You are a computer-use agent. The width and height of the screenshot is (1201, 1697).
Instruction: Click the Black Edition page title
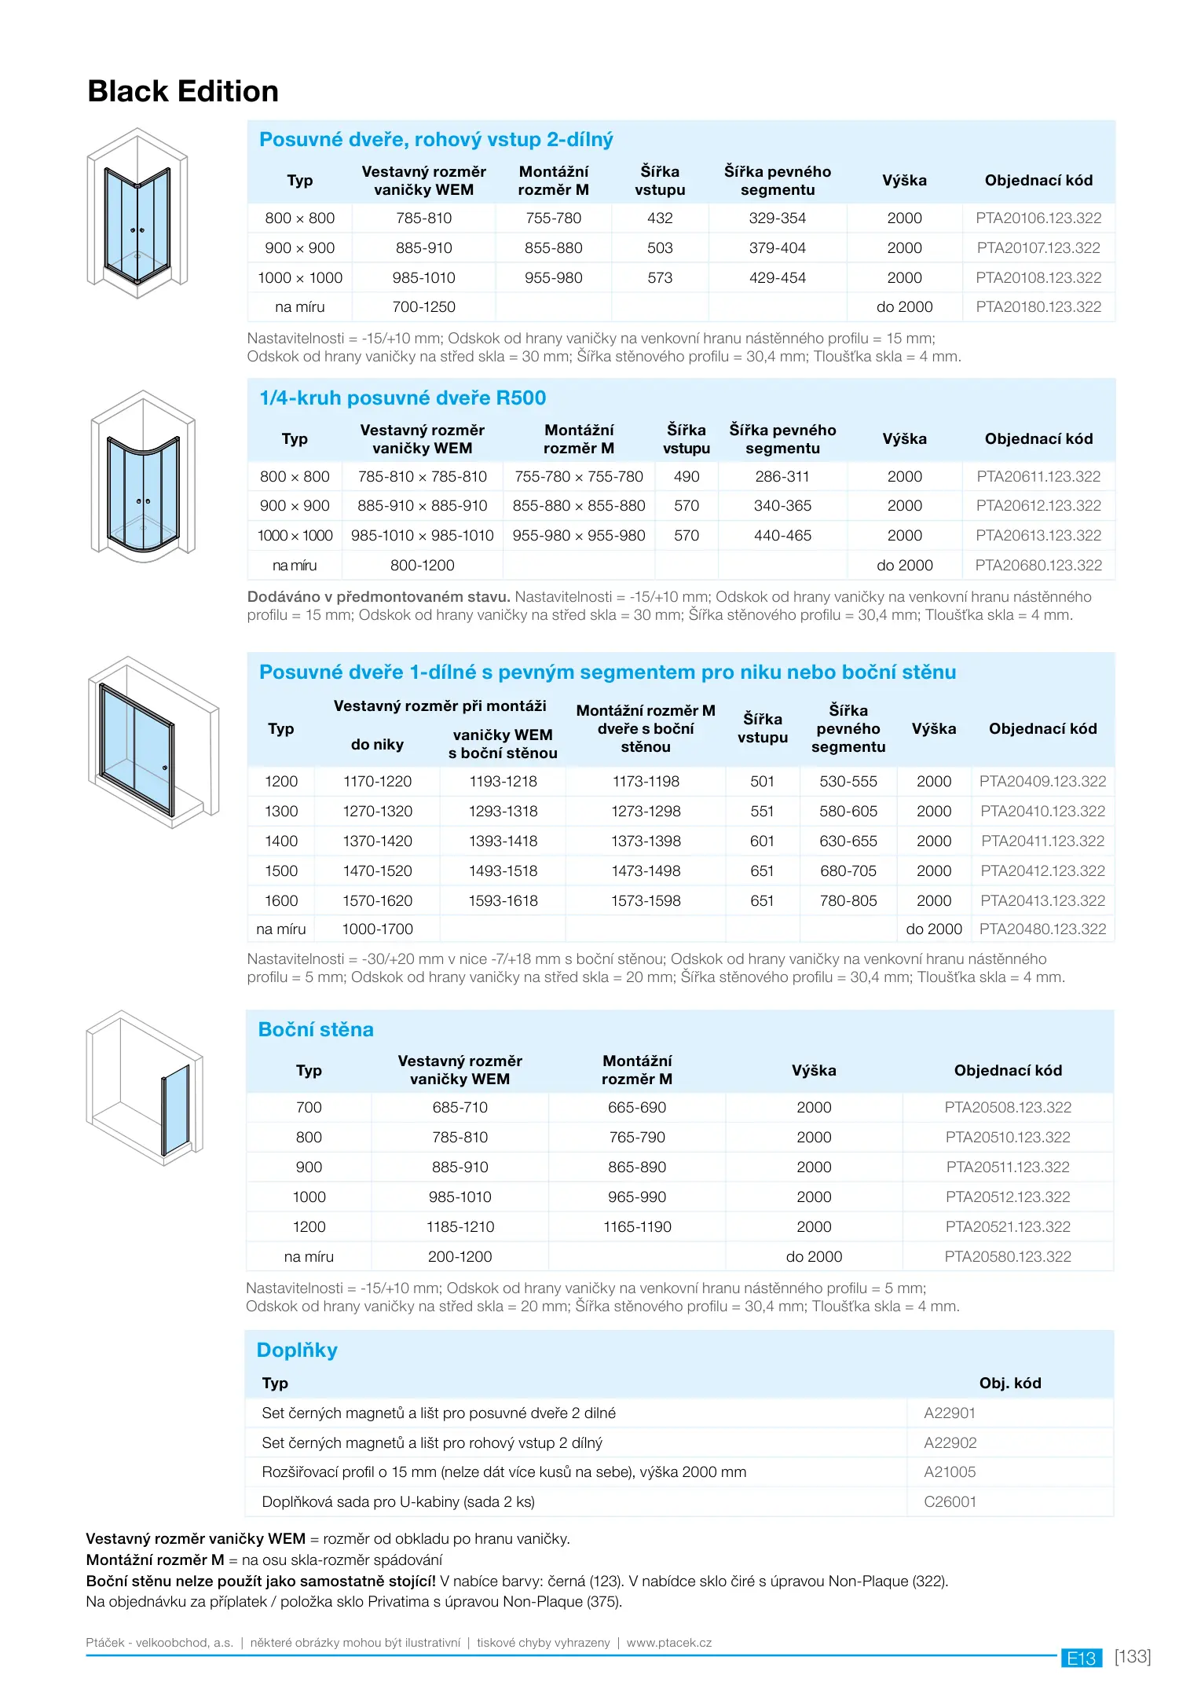pyautogui.click(x=183, y=91)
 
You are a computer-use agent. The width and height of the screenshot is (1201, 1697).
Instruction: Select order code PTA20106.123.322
pyautogui.click(x=1038, y=218)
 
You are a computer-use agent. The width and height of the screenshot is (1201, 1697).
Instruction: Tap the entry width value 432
pyautogui.click(x=660, y=218)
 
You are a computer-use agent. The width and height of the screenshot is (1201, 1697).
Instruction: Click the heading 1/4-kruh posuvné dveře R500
pyautogui.click(x=402, y=398)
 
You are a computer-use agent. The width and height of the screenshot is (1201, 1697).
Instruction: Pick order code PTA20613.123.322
pyautogui.click(x=1038, y=536)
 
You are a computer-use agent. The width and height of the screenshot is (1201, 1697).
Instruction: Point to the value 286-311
pyautogui.click(x=782, y=477)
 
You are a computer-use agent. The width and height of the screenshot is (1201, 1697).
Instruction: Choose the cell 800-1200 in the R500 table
pyautogui.click(x=422, y=566)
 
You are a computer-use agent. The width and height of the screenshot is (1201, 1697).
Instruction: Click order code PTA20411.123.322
pyautogui.click(x=1042, y=841)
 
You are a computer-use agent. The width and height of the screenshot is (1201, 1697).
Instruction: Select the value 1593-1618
pyautogui.click(x=503, y=901)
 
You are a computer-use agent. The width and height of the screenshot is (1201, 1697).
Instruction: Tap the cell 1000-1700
pyautogui.click(x=377, y=929)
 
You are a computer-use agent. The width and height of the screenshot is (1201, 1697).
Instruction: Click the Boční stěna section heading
pyautogui.click(x=316, y=1030)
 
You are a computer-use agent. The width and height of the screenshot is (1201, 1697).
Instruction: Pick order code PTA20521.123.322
pyautogui.click(x=1008, y=1227)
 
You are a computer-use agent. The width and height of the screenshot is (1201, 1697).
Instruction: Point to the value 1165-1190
pyautogui.click(x=637, y=1227)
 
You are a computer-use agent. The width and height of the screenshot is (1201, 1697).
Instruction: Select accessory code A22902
pyautogui.click(x=950, y=1443)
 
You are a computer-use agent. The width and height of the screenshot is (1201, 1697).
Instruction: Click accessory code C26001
pyautogui.click(x=950, y=1502)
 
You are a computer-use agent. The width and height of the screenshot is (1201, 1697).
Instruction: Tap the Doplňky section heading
pyautogui.click(x=297, y=1351)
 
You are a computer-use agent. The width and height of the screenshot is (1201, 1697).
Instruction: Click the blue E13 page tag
pyautogui.click(x=1081, y=1659)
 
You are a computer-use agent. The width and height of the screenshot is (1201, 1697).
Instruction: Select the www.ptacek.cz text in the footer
pyautogui.click(x=669, y=1643)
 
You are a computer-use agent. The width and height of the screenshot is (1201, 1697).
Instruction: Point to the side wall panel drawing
pyautogui.click(x=145, y=1088)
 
